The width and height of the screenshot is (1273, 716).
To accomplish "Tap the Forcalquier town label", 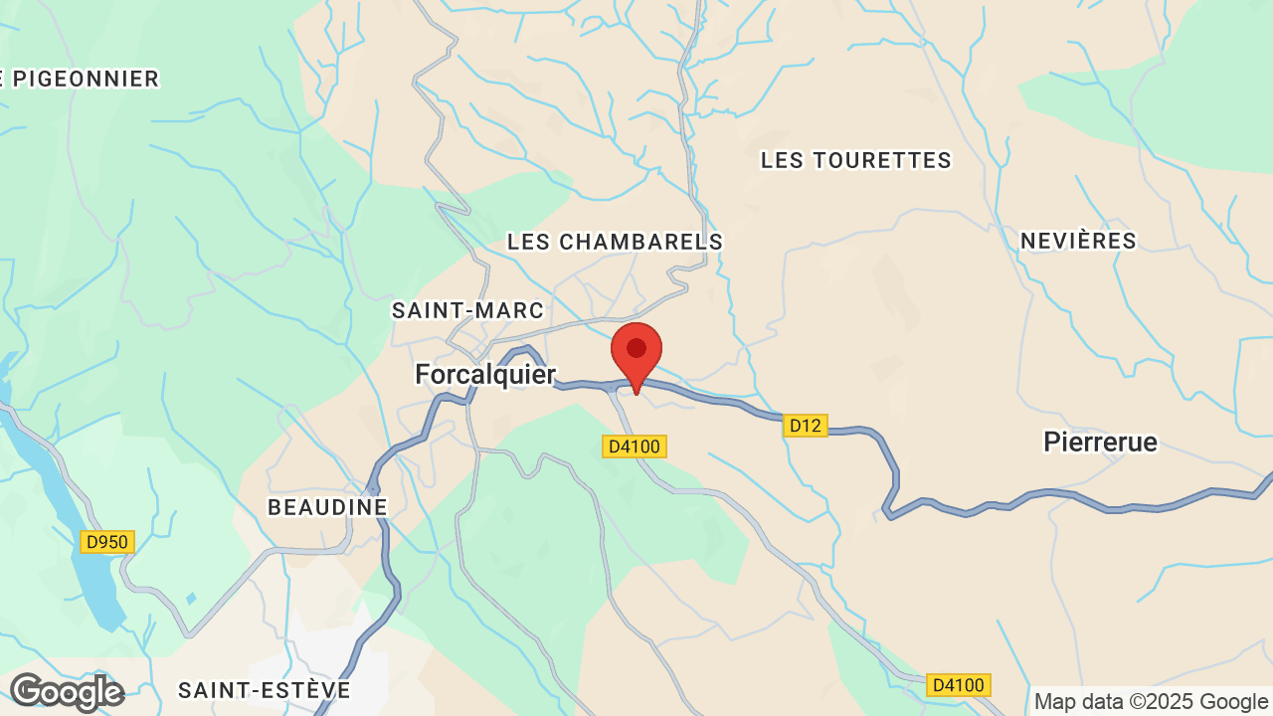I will tap(485, 374).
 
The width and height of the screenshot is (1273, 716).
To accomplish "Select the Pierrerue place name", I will tap(1100, 442).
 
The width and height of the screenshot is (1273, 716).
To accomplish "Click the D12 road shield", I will tap(805, 426).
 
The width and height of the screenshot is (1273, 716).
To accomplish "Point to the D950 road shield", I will tap(106, 542).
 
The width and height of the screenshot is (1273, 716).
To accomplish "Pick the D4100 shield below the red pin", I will tap(635, 447).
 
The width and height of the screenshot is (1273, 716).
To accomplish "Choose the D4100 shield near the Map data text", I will tap(958, 684).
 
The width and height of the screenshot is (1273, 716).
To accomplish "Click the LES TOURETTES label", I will tap(855, 160).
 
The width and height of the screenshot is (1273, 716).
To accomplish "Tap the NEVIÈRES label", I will tap(1078, 241).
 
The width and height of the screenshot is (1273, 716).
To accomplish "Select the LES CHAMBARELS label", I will tap(615, 242).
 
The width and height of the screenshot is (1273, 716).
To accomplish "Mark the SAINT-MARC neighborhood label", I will tap(468, 310).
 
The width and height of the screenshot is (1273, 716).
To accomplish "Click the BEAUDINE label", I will tap(327, 507).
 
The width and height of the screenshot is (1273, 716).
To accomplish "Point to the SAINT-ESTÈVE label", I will tap(265, 690).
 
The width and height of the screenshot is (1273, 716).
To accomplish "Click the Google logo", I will tap(67, 692).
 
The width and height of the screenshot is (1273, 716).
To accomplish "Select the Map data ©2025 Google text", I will tap(1152, 701).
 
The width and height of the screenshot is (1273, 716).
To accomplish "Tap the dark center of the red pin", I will tap(636, 348).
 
